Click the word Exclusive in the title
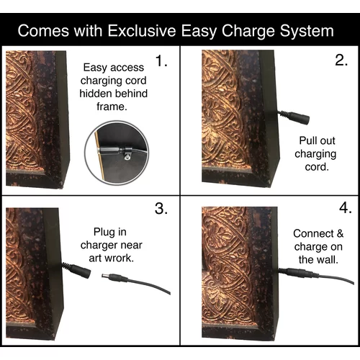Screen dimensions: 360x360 click(x=142, y=31)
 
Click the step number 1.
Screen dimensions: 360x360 click(x=161, y=60)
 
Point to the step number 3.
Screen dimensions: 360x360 click(x=161, y=208)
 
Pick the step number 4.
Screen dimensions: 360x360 click(x=346, y=208)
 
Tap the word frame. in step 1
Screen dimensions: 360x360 click(x=112, y=107)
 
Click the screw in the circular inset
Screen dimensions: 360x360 click(x=127, y=157)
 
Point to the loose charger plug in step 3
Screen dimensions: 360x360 click(x=115, y=279)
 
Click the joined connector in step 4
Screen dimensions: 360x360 click(x=300, y=274)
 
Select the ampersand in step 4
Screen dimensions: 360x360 click(x=341, y=233)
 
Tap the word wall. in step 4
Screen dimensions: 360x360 click(x=328, y=260)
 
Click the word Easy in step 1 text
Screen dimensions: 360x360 click(x=93, y=68)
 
